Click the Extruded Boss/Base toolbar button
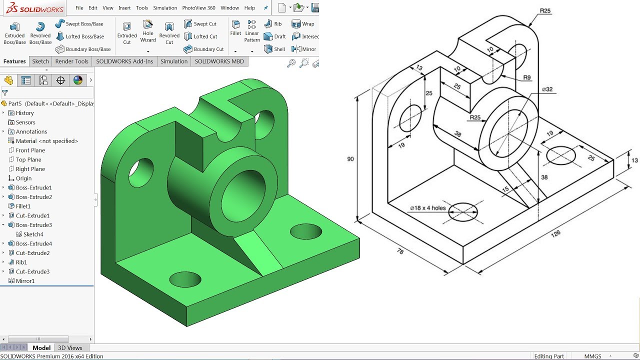click(15, 33)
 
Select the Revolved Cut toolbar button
click(169, 33)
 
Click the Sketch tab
click(40, 61)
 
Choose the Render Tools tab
click(71, 61)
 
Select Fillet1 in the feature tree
click(23, 206)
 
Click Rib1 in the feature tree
click(21, 262)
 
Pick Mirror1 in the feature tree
click(25, 281)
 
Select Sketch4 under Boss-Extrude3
click(33, 234)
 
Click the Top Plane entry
click(28, 159)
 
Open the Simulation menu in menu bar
click(165, 8)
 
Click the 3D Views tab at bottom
click(70, 347)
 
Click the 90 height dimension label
click(350, 159)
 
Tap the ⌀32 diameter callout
click(546, 89)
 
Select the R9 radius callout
click(526, 77)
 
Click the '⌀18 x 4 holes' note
click(427, 208)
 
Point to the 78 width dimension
click(399, 251)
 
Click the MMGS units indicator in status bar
click(593, 356)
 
